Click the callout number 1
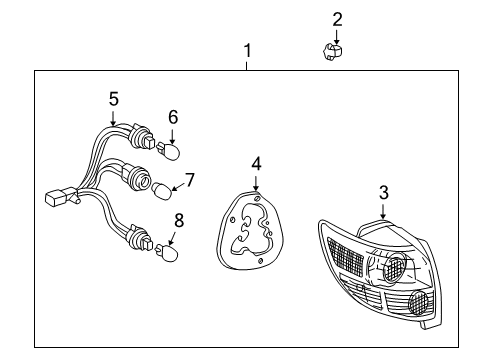coord(247,51)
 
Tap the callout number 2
coord(337,18)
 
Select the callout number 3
coord(383,192)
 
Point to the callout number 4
coord(256,162)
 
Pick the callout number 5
coord(113,98)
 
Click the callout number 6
coord(173,117)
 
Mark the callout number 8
coord(180,221)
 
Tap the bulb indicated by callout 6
coord(171,153)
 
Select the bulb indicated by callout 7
coord(160,186)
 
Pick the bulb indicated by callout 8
coord(169,254)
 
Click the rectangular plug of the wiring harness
coord(55,198)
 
